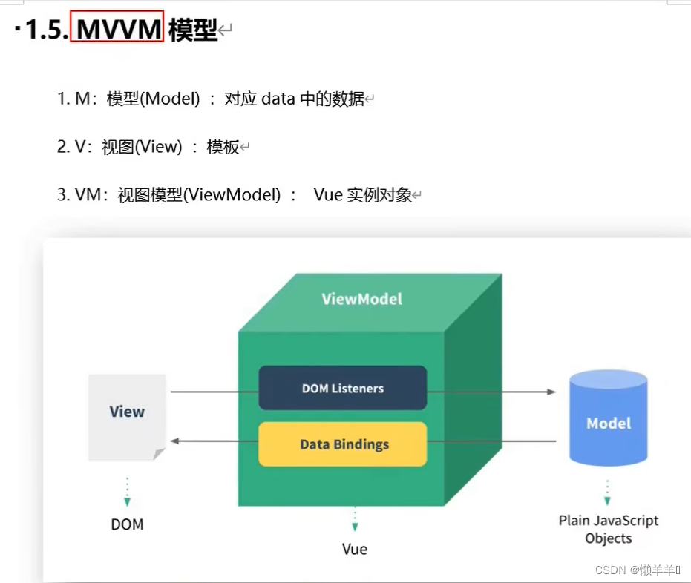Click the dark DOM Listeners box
click(342, 388)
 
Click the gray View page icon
click(127, 415)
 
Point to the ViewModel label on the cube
click(362, 299)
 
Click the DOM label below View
click(127, 524)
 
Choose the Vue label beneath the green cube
click(355, 549)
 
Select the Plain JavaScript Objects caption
click(608, 530)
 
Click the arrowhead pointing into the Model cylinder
click(551, 392)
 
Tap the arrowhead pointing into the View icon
click(175, 441)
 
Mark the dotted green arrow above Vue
click(355, 518)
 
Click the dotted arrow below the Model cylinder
click(608, 487)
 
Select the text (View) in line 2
click(157, 147)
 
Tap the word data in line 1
click(278, 99)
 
